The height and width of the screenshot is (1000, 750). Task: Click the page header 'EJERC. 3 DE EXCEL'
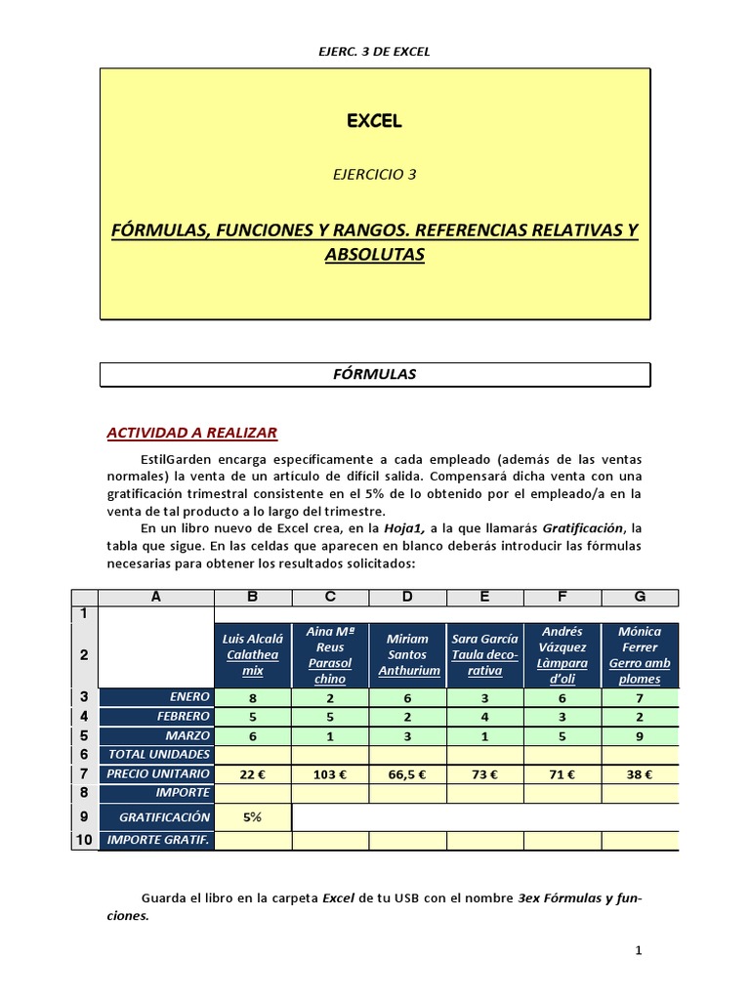pos(375,52)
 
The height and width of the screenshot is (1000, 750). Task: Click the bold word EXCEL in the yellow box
pos(375,122)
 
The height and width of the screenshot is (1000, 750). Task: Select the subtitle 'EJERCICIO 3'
pos(375,175)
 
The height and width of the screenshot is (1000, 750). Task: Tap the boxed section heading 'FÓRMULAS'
pos(375,374)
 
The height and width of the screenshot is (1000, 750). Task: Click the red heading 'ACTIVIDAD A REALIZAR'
pos(191,433)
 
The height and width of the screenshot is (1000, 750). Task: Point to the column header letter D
pos(407,597)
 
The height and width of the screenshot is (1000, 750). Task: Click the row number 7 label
pos(84,773)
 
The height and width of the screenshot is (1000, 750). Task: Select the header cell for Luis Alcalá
pos(252,655)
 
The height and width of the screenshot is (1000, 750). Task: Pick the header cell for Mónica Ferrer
pos(640,655)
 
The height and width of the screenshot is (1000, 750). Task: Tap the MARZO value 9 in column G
pos(640,735)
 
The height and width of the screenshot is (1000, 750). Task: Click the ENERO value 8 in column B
pos(252,697)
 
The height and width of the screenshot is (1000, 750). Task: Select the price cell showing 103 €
pos(330,773)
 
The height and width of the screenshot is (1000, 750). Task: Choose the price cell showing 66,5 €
pos(407,773)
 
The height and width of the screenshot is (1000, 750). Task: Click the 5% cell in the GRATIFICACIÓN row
pos(252,816)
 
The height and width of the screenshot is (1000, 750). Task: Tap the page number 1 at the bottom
pos(638,950)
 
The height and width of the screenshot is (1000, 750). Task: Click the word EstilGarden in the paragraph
pos(175,459)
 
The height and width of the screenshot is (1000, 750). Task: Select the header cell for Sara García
pos(484,655)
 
